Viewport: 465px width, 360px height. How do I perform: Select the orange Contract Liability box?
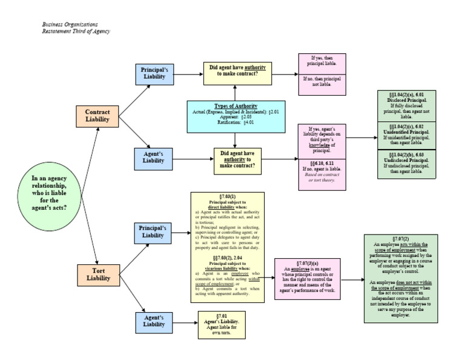coord(97,116)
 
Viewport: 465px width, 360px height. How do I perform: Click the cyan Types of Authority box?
coord(236,116)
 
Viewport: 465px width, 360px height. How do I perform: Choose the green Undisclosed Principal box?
coord(406,163)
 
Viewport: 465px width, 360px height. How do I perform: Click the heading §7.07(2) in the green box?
coord(400,239)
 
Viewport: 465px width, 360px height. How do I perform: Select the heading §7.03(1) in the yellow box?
coord(228,196)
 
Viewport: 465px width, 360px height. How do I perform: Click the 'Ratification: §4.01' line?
coord(236,123)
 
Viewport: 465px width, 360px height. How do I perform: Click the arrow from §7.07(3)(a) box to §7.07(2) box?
coord(353,279)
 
